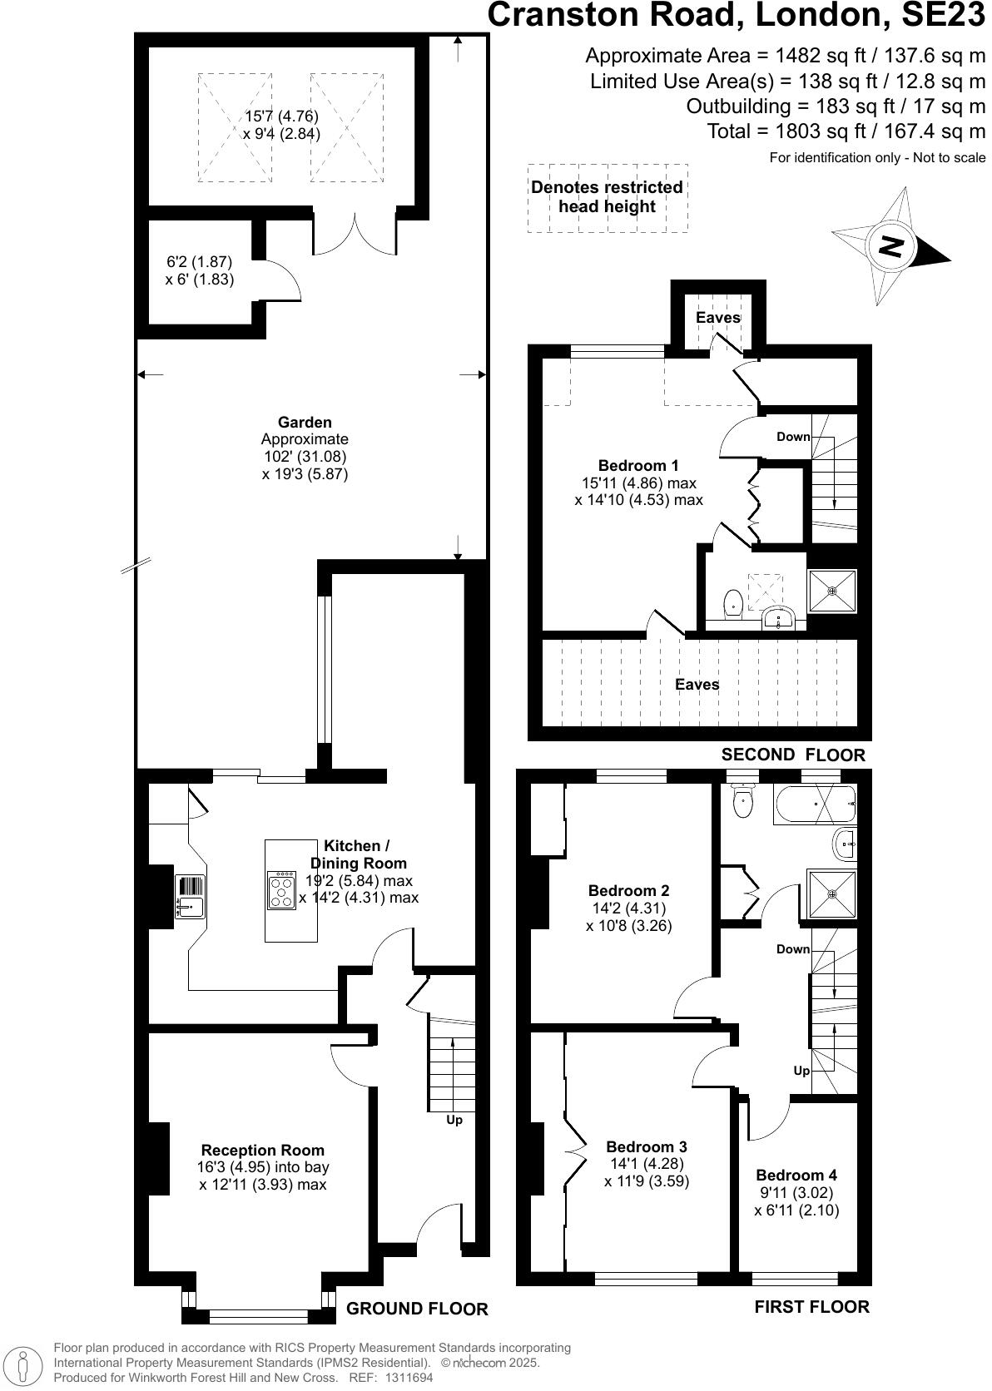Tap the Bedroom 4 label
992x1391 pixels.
796,1175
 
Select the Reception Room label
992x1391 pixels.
263,1151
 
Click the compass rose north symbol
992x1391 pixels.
891,246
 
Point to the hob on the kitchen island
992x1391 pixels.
282,889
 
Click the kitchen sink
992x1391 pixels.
191,897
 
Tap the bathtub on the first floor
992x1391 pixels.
814,804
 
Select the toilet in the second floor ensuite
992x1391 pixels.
733,601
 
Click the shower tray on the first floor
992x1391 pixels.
832,894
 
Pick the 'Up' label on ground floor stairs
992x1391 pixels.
454,1120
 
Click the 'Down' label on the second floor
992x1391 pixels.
793,437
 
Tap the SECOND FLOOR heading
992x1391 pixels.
793,755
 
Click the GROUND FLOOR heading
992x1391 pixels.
417,1309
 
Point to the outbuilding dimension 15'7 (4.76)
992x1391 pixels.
281,116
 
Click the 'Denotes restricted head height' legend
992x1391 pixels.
608,197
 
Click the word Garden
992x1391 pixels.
305,422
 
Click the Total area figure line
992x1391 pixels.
846,131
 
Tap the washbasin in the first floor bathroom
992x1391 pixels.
844,844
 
